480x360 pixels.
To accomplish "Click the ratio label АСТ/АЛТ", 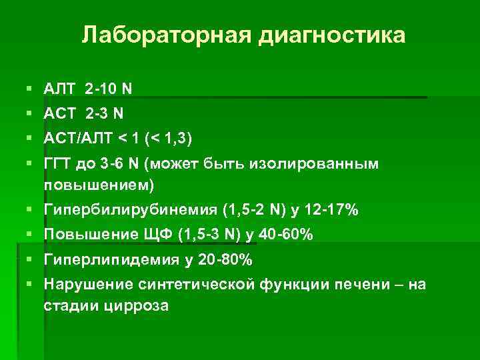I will pyautogui.click(x=79, y=139).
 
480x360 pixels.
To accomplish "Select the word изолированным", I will pyautogui.click(x=313, y=164).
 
